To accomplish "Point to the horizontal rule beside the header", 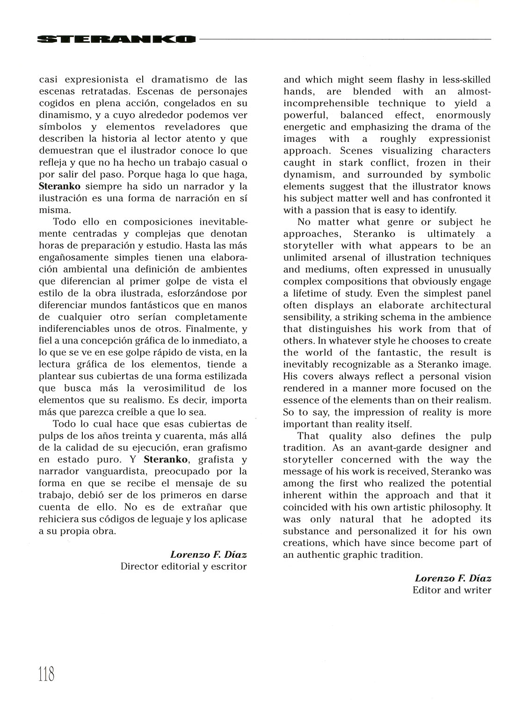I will (345, 39).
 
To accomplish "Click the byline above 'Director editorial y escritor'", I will (208, 555).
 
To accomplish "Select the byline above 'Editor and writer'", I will (453, 578).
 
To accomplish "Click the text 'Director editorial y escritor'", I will (183, 566).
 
